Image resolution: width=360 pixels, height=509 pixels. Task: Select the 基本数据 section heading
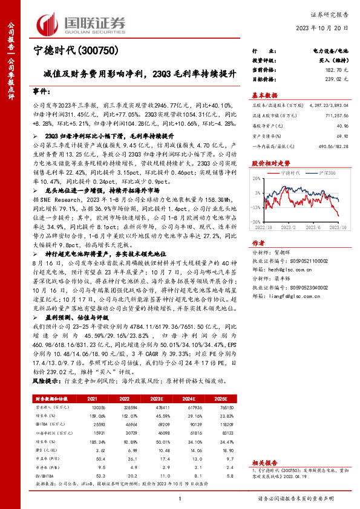264,96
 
